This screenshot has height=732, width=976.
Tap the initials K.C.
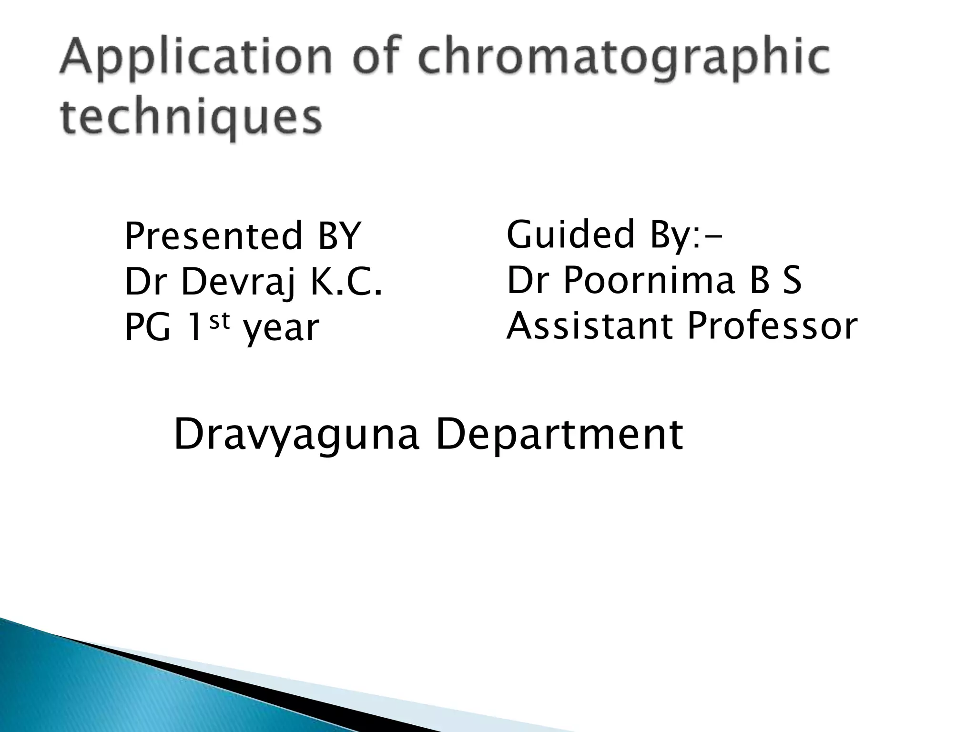pos(346,282)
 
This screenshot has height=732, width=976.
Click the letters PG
pos(147,328)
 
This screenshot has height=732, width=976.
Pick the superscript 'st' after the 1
pos(220,320)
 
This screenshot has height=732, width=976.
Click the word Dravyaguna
pos(296,435)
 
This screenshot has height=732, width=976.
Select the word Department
pos(559,435)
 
